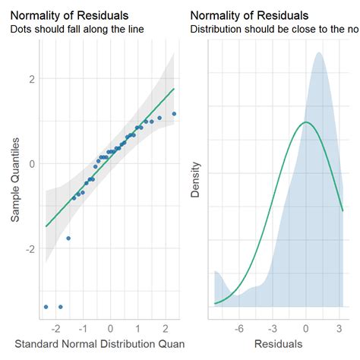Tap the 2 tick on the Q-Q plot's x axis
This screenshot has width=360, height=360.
[x=166, y=327]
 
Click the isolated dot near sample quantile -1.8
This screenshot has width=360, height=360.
[x=68, y=238]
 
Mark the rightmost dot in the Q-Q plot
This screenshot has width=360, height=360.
[x=174, y=114]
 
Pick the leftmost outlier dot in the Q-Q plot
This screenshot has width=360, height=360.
[x=46, y=307]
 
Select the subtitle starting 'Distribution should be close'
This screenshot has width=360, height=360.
[x=273, y=30]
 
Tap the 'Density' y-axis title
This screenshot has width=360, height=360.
[x=195, y=182]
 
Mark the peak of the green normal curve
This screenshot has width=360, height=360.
[x=305, y=122]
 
